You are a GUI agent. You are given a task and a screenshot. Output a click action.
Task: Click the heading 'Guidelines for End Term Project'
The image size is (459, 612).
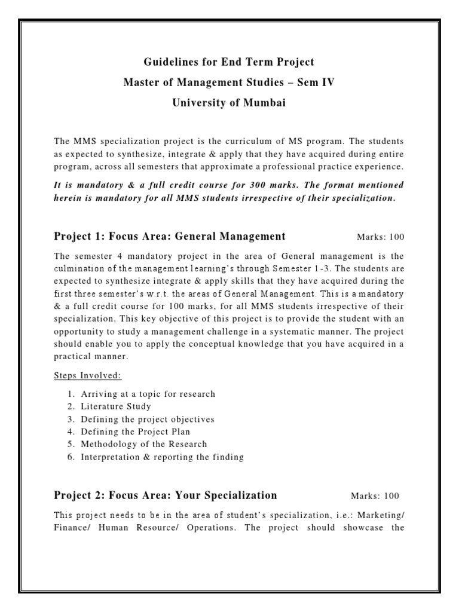pos(229,62)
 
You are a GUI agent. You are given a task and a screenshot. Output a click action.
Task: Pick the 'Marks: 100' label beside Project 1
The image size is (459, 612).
pos(381,237)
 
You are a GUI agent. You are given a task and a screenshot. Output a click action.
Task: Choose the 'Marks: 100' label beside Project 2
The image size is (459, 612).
pos(375,496)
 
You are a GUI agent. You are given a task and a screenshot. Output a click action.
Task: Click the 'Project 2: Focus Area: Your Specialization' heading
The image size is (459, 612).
pos(166,495)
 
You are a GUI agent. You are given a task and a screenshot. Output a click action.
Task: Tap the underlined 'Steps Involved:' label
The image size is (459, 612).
pos(87,375)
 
